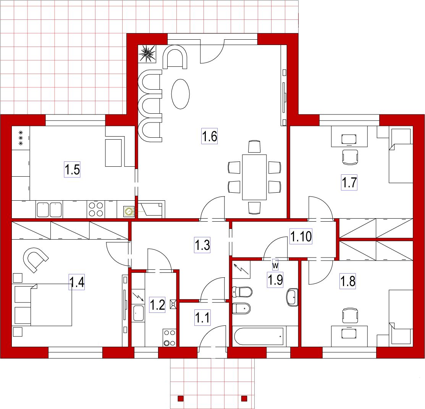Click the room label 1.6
pyautogui.click(x=210, y=136)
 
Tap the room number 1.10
pyautogui.click(x=301, y=236)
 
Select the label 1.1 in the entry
pyautogui.click(x=202, y=317)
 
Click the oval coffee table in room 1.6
pyautogui.click(x=180, y=94)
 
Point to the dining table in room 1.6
pyautogui.click(x=254, y=177)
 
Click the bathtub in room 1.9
pyautogui.click(x=259, y=337)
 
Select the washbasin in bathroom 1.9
pyautogui.click(x=292, y=297)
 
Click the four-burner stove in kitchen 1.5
pyautogui.click(x=96, y=209)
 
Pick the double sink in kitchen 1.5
pyautogui.click(x=49, y=209)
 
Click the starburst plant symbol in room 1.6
pyautogui.click(x=147, y=54)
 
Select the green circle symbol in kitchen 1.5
pyautogui.click(x=128, y=211)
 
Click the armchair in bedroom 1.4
pyautogui.click(x=36, y=259)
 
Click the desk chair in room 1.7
pyautogui.click(x=350, y=157)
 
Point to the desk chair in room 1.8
pyautogui.click(x=350, y=315)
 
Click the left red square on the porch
pyautogui.click(x=181, y=398)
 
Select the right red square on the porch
pyautogui.click(x=244, y=398)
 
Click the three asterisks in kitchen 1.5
pyautogui.click(x=21, y=138)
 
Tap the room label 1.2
pyautogui.click(x=157, y=305)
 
